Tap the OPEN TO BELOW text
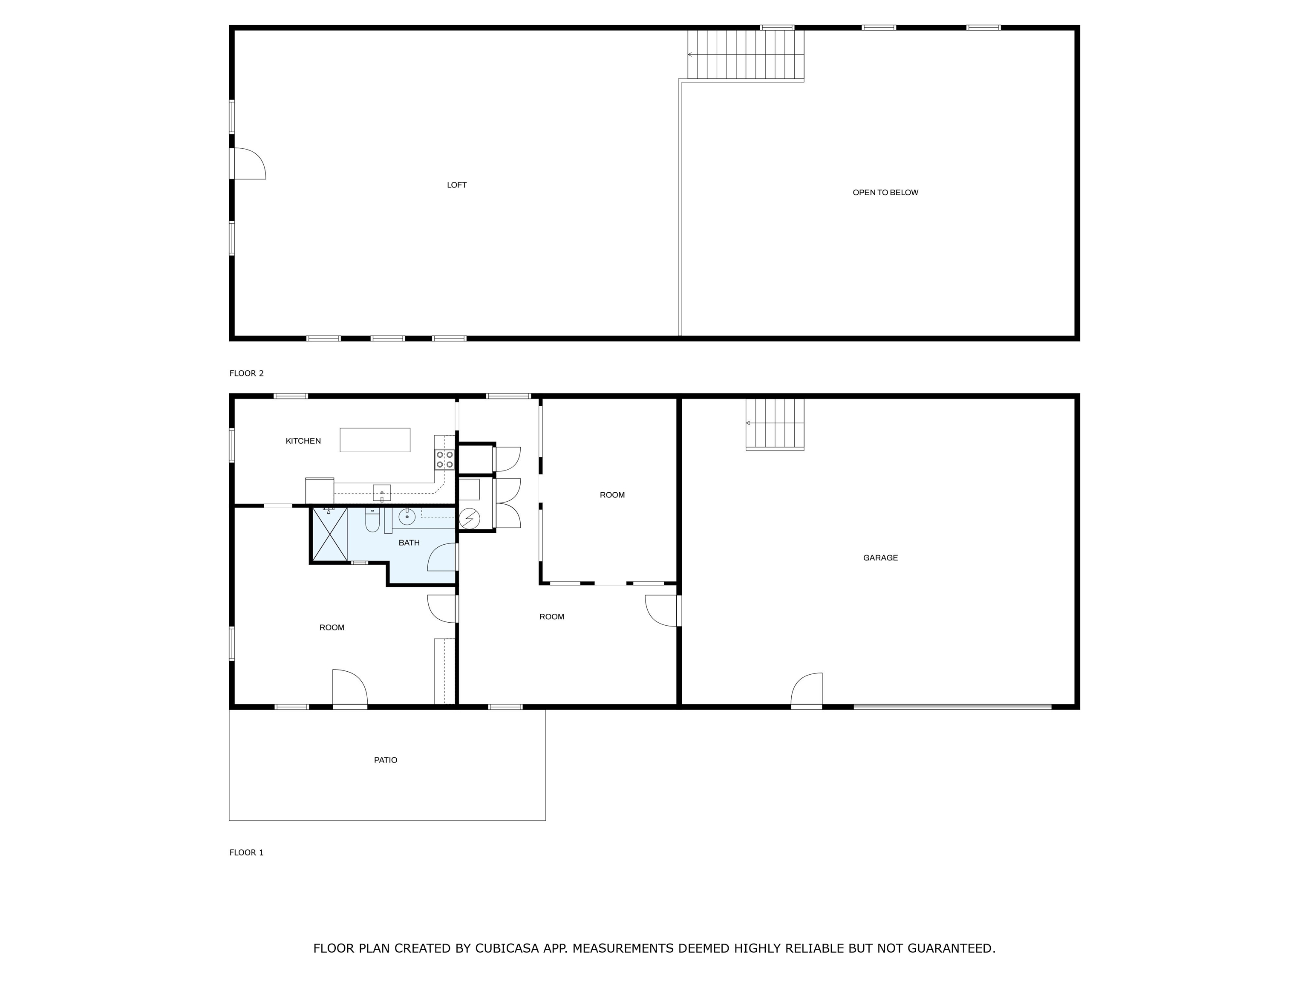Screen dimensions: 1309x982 pyautogui.click(x=885, y=192)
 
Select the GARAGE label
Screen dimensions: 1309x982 pyautogui.click(x=881, y=557)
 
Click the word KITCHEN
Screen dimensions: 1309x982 pyautogui.click(x=303, y=441)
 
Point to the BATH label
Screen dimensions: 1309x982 pyautogui.click(x=409, y=543)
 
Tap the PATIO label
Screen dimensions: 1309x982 pyautogui.click(x=385, y=760)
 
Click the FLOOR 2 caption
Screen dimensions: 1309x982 pyautogui.click(x=246, y=373)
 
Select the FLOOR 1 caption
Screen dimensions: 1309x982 pyautogui.click(x=246, y=852)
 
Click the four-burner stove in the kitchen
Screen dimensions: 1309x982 pyautogui.click(x=445, y=460)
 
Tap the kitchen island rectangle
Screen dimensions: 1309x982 pyautogui.click(x=375, y=440)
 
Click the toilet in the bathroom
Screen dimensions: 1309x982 pyautogui.click(x=372, y=520)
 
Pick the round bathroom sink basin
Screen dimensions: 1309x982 pyautogui.click(x=407, y=517)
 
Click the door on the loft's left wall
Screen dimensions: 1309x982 pyautogui.click(x=248, y=163)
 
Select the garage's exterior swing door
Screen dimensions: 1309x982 pyautogui.click(x=807, y=690)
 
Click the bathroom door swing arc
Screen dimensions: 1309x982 pyautogui.click(x=442, y=557)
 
